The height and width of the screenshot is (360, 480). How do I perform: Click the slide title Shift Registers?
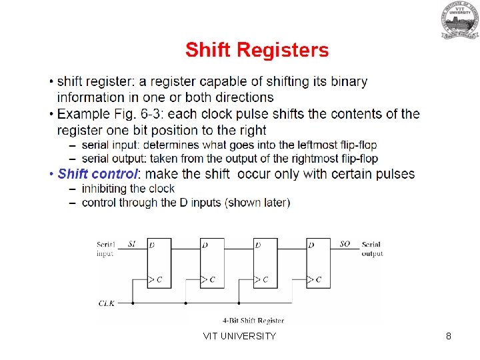[x=257, y=50]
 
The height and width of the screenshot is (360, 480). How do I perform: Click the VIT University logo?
[x=459, y=20]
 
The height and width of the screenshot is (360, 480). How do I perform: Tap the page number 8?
[x=449, y=336]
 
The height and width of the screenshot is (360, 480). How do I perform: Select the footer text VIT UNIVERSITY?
[x=239, y=336]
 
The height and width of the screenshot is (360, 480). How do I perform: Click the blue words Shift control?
[x=97, y=174]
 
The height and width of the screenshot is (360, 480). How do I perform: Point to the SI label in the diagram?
[x=132, y=244]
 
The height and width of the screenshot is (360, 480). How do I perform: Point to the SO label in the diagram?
[x=345, y=244]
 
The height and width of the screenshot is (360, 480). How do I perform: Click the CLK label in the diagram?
[x=107, y=303]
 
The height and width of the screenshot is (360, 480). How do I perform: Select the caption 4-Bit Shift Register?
[x=253, y=321]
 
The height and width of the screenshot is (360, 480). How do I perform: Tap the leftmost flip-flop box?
[x=159, y=263]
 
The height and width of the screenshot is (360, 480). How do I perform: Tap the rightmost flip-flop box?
[x=318, y=263]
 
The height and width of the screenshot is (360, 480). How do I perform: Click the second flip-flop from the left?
[x=212, y=263]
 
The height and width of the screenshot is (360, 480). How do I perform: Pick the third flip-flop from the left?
[x=265, y=263]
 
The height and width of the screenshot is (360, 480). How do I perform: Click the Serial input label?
[x=106, y=249]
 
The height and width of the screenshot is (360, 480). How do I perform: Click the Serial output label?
[x=372, y=249]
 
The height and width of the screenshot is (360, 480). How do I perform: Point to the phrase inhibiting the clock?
[x=128, y=189]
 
